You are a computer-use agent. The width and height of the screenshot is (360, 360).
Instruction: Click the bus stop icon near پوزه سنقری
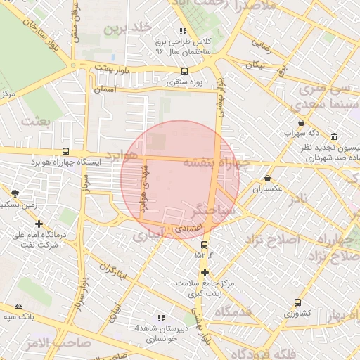click(184, 70)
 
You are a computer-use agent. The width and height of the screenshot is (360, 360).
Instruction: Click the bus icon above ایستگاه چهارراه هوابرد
click(65, 151)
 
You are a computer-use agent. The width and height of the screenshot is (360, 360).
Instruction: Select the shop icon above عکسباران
click(267, 178)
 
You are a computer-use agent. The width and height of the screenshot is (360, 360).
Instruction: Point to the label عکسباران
click(267, 188)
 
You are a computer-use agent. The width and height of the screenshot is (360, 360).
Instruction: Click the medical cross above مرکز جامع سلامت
click(205, 272)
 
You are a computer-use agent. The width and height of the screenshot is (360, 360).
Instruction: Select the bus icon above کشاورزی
click(297, 302)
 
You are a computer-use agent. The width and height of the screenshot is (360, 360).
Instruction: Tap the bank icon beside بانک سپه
click(18, 307)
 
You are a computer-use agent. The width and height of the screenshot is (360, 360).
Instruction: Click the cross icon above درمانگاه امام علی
click(39, 224)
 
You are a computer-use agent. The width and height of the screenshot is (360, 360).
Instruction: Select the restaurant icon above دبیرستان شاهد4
click(162, 318)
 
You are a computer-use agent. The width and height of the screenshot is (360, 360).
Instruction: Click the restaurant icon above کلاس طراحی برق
click(184, 31)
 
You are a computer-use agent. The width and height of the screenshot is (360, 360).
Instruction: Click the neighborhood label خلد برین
click(128, 28)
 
